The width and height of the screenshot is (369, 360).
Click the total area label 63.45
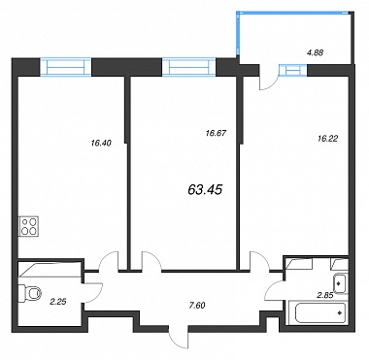click(205, 190)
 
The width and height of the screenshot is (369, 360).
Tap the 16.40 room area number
click(101, 143)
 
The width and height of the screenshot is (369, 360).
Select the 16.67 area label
click(216, 133)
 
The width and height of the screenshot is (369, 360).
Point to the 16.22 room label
click(327, 139)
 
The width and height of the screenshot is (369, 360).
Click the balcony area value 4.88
click(314, 52)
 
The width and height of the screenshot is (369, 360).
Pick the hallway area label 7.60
click(197, 305)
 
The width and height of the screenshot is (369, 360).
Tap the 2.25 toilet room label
click(58, 302)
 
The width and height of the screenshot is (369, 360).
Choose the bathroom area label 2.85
click(325, 294)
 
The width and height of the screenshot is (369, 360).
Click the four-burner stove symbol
click(29, 226)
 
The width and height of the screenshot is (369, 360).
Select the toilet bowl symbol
click(30, 294)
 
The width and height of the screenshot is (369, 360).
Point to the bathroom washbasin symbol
click(339, 283)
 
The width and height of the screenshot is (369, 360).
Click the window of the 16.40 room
click(66, 67)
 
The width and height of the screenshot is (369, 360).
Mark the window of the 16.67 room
click(188, 67)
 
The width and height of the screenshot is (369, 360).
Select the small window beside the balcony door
click(292, 70)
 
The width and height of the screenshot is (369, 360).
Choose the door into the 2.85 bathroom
click(275, 288)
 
